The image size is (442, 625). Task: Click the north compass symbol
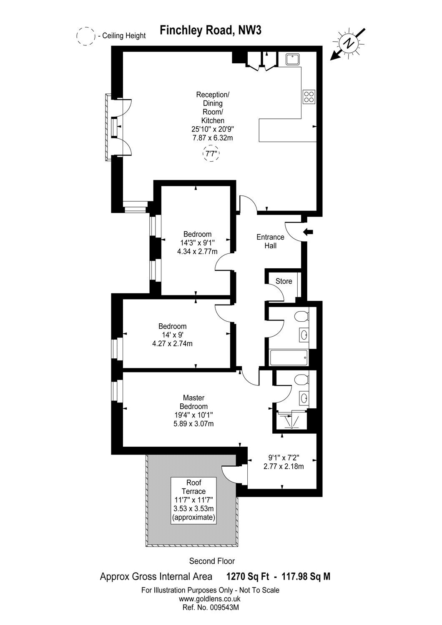click(347, 43)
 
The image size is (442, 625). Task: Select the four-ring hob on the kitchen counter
click(309, 97)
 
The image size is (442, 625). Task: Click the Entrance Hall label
click(270, 241)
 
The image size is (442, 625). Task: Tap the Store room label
click(284, 281)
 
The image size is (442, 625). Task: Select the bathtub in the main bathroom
click(289, 357)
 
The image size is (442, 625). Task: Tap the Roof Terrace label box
click(193, 500)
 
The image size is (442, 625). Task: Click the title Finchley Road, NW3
click(211, 30)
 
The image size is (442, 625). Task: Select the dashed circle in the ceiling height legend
click(85, 36)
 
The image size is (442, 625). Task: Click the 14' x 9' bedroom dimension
click(172, 335)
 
